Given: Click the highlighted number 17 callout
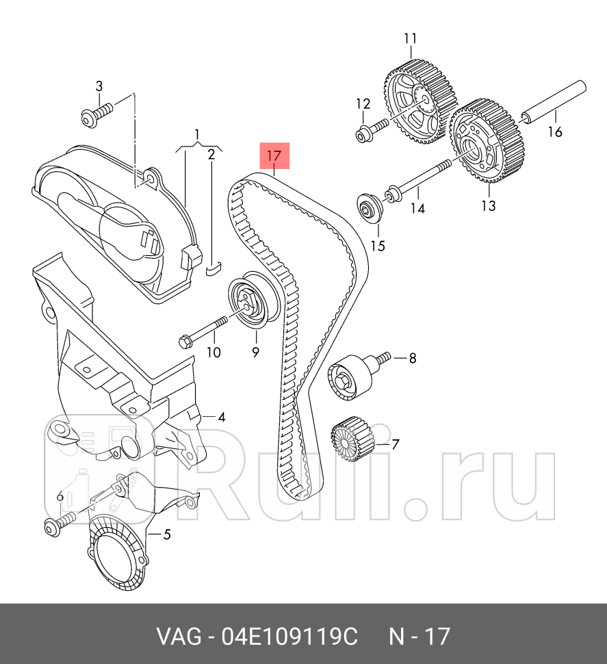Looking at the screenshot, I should pos(274,156).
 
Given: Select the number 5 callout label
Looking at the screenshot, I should pos(166,535).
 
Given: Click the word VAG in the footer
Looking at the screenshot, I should pos(179,637).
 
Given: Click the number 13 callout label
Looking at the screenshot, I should pos(488,205).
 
